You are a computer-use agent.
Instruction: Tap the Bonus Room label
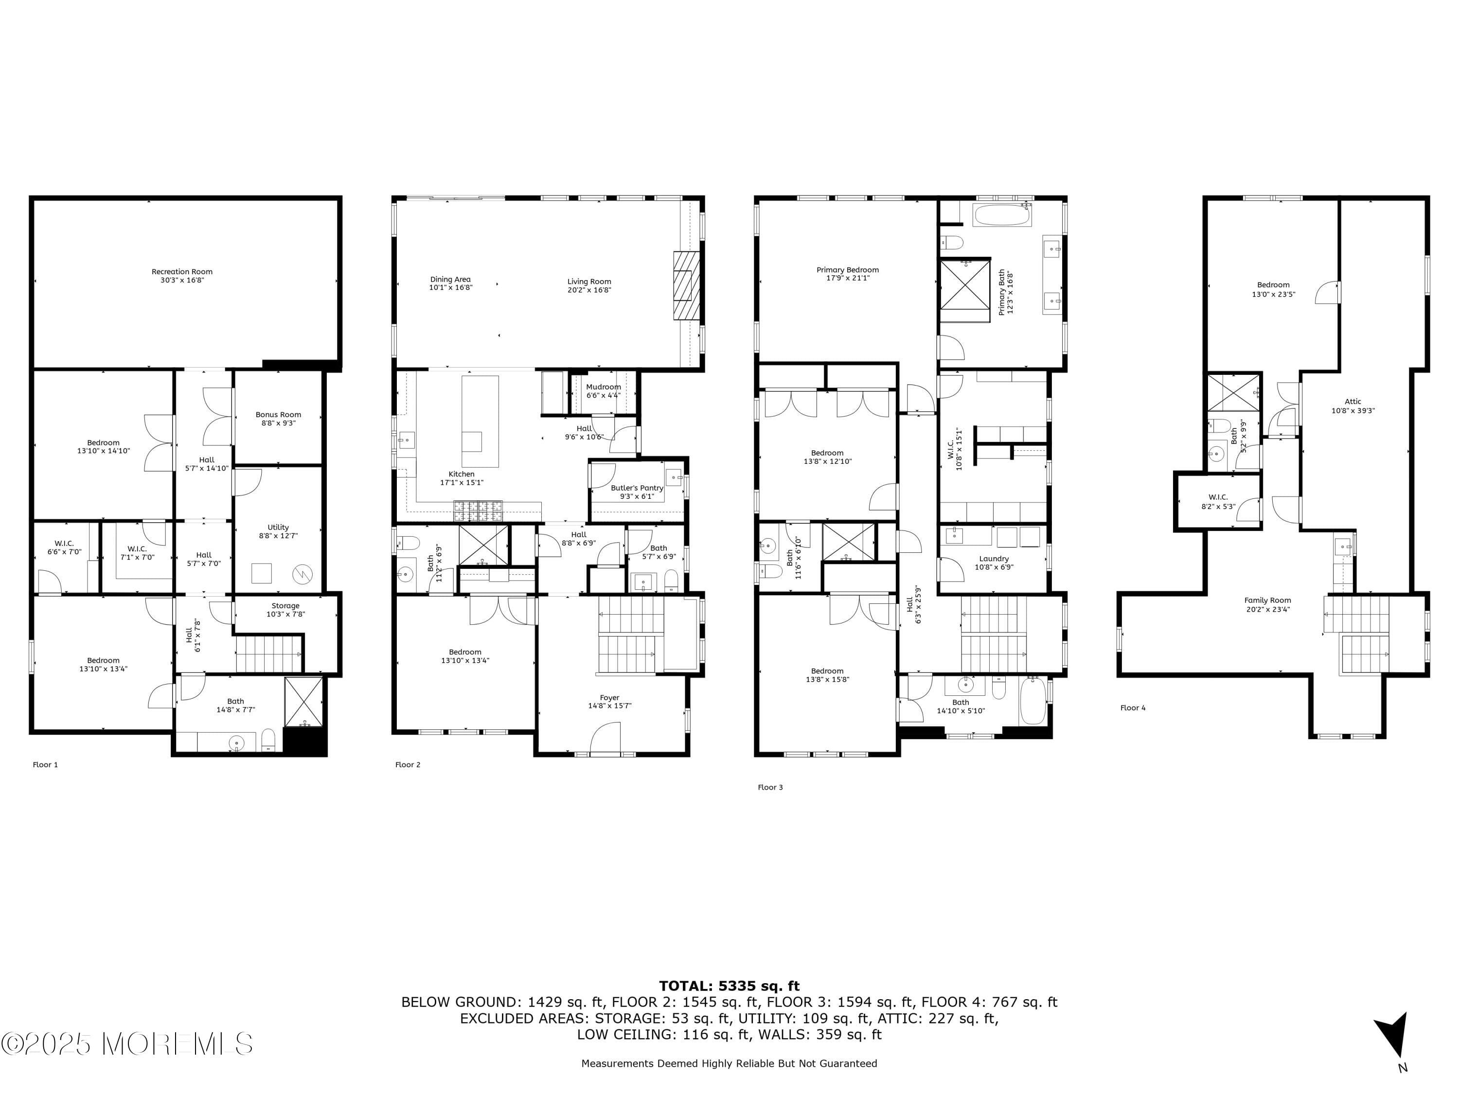tap(278, 415)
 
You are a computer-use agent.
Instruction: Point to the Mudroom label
tap(603, 387)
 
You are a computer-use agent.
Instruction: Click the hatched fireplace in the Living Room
tap(686, 285)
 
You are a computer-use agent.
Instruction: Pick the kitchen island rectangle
tap(480, 421)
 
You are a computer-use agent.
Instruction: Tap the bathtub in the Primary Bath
tap(1002, 215)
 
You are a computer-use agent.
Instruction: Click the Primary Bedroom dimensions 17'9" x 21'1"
tap(848, 278)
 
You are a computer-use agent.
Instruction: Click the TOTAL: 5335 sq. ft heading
tap(729, 986)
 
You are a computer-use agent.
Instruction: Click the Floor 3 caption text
tap(770, 787)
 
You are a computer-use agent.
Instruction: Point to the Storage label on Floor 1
tap(285, 605)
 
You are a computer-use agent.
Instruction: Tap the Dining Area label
tap(450, 280)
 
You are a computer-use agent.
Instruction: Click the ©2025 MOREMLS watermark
tap(126, 1044)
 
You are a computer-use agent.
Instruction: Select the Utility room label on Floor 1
tap(278, 527)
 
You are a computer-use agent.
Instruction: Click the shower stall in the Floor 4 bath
tap(1233, 392)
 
